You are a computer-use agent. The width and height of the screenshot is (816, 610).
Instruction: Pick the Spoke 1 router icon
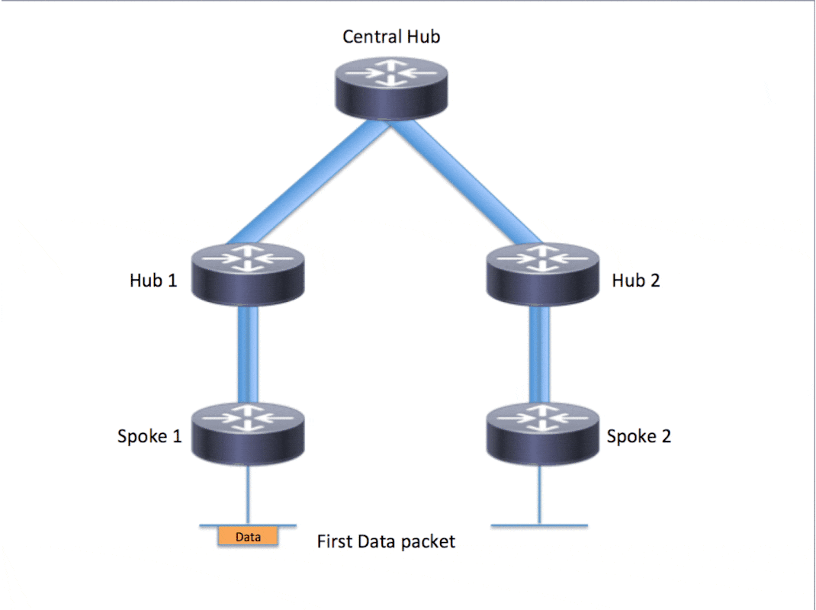click(248, 432)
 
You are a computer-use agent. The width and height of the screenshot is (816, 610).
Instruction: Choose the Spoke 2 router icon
click(541, 432)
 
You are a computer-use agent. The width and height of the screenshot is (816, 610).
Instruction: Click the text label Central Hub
click(391, 37)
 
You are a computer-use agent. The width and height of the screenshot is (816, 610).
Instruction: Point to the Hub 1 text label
click(153, 281)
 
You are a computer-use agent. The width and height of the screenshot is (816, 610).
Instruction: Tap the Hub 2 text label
click(636, 281)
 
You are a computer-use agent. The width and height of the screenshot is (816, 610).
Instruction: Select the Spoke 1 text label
click(149, 437)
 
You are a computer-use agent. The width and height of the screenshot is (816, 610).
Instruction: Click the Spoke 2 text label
click(639, 437)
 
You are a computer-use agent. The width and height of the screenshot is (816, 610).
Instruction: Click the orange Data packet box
click(248, 537)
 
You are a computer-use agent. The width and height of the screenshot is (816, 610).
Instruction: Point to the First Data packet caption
click(386, 542)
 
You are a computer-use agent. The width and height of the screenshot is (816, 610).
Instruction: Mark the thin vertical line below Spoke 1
click(248, 496)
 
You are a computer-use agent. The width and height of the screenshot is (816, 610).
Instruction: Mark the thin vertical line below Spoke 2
click(540, 496)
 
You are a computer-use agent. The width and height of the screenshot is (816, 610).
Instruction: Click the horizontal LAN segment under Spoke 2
click(564, 526)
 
